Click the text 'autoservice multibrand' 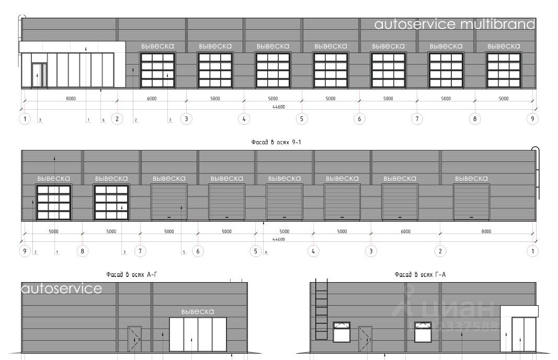pyautogui.click(x=455, y=25)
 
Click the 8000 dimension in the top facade pyautogui.click(x=71, y=98)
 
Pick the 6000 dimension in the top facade pyautogui.click(x=151, y=98)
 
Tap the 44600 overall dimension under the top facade pyautogui.click(x=278, y=107)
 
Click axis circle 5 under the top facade pyautogui.click(x=302, y=119)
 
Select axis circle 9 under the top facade pyautogui.click(x=532, y=119)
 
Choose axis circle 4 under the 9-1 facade pyautogui.click(x=313, y=251)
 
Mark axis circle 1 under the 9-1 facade pyautogui.click(x=532, y=251)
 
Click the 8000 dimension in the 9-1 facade pyautogui.click(x=486, y=231)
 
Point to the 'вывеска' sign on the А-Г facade pyautogui.click(x=197, y=312)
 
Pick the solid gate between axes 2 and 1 pyautogui.click(x=471, y=202)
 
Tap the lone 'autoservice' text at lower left pyautogui.click(x=62, y=288)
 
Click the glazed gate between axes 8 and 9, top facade pyautogui.click(x=504, y=69)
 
